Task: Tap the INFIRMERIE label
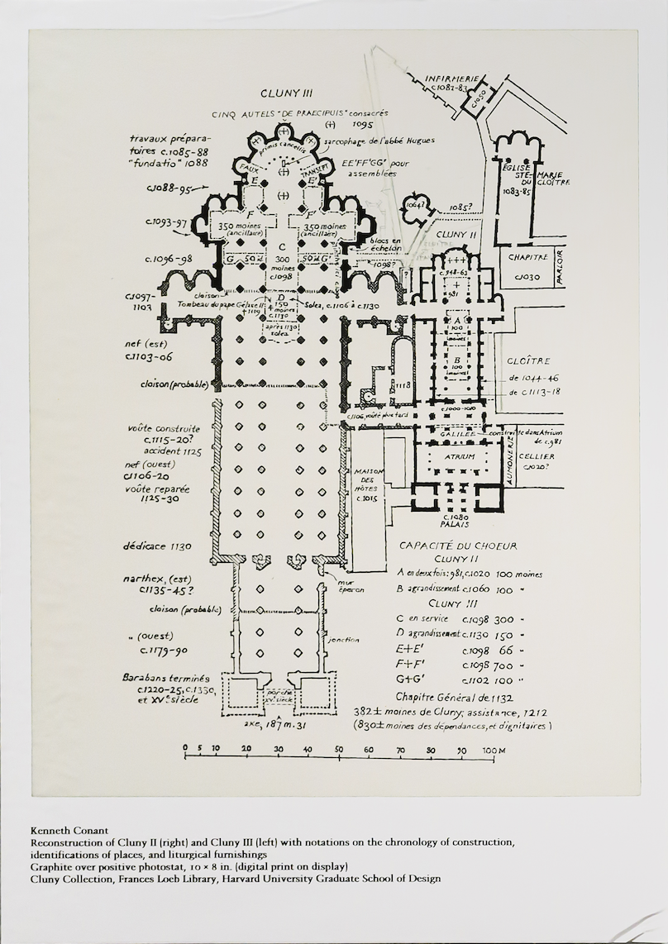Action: [x=451, y=79]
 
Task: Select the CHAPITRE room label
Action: [x=527, y=257]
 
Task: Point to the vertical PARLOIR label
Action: [x=560, y=266]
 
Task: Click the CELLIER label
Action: [x=538, y=455]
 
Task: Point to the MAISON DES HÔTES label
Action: [x=365, y=482]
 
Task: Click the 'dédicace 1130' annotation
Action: [x=157, y=546]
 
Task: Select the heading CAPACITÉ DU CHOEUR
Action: [x=458, y=546]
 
